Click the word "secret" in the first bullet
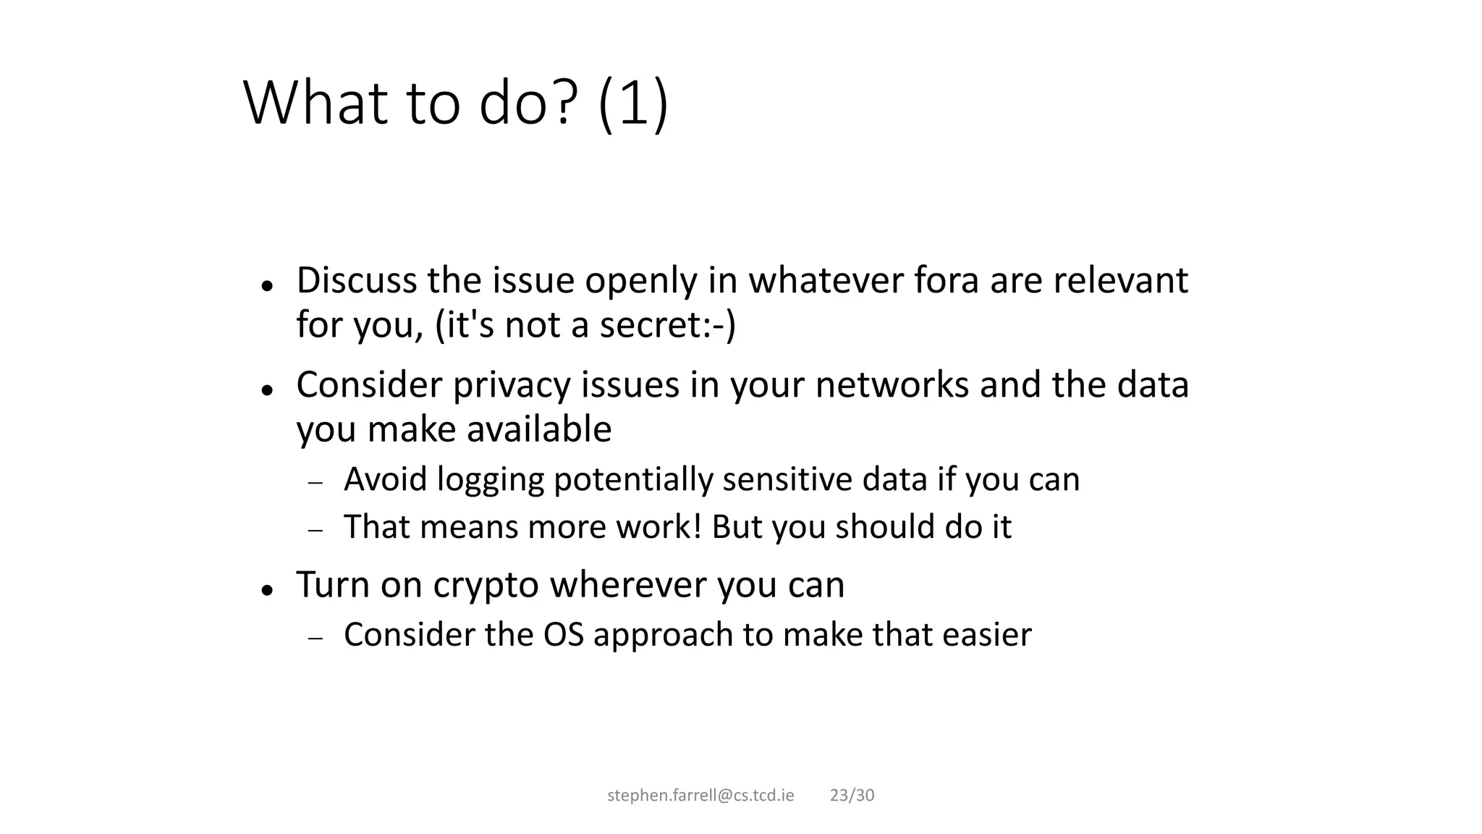pos(649,325)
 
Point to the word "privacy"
pos(512,384)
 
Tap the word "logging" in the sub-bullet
pos(490,480)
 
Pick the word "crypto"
pos(486,585)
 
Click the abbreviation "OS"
pos(563,635)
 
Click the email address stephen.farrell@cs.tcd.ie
pos(700,796)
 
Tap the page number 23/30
pos(852,796)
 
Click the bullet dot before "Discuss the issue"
pos(267,286)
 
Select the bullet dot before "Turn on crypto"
pos(267,590)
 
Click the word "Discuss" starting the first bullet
pos(356,280)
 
